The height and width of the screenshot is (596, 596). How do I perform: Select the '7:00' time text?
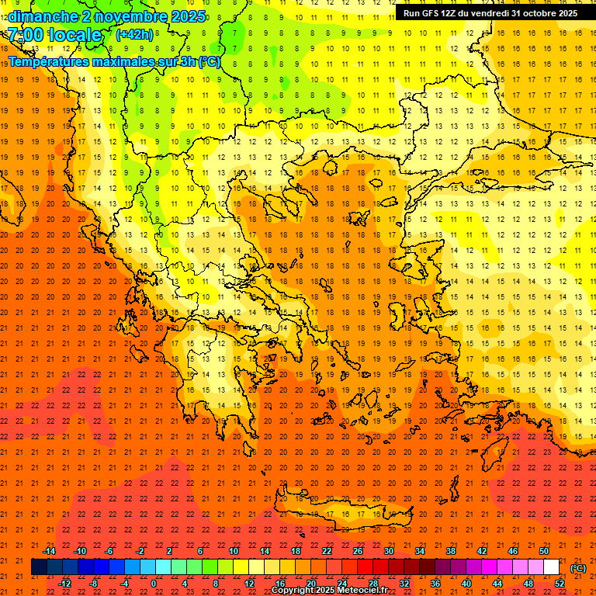(25, 35)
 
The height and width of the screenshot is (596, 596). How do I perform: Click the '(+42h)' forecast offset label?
(133, 35)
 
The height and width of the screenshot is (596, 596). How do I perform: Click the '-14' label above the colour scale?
(49, 551)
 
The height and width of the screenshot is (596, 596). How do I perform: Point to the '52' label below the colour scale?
(560, 584)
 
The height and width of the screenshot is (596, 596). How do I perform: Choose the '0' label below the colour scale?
(154, 584)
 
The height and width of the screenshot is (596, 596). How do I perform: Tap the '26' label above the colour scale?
(358, 551)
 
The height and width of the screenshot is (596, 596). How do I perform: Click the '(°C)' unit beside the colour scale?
(578, 568)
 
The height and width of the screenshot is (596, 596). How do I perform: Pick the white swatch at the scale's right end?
(552, 567)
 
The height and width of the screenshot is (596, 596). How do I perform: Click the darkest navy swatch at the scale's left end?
(39, 567)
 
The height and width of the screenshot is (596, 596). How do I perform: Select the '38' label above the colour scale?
(451, 551)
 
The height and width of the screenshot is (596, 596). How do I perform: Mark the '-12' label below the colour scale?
(64, 584)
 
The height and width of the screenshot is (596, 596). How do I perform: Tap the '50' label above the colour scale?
(544, 551)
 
